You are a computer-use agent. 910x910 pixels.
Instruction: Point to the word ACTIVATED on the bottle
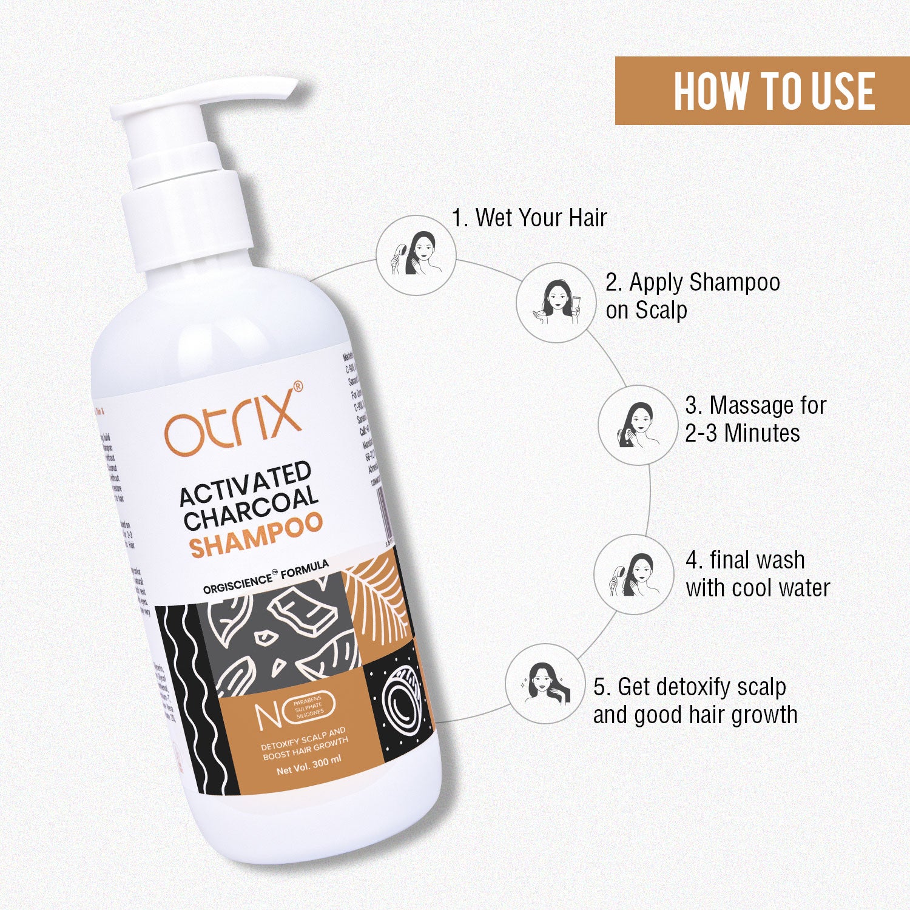point(245,484)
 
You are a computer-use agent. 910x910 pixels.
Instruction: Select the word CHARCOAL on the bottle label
point(251,508)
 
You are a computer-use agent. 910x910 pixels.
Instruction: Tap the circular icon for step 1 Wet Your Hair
point(416,255)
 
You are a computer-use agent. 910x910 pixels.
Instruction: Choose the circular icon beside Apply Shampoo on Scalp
point(556,302)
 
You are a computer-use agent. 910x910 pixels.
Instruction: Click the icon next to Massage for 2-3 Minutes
point(637,425)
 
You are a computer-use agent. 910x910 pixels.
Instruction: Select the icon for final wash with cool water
point(633,574)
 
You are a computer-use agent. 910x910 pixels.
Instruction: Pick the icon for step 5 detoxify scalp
point(545,684)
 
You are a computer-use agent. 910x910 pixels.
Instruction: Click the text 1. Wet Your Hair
point(529,218)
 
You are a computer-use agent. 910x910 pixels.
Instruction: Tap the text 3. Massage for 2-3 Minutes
point(755,419)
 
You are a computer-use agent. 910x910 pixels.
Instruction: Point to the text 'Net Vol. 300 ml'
point(309,766)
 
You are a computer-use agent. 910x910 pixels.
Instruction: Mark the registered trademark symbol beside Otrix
point(297,386)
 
